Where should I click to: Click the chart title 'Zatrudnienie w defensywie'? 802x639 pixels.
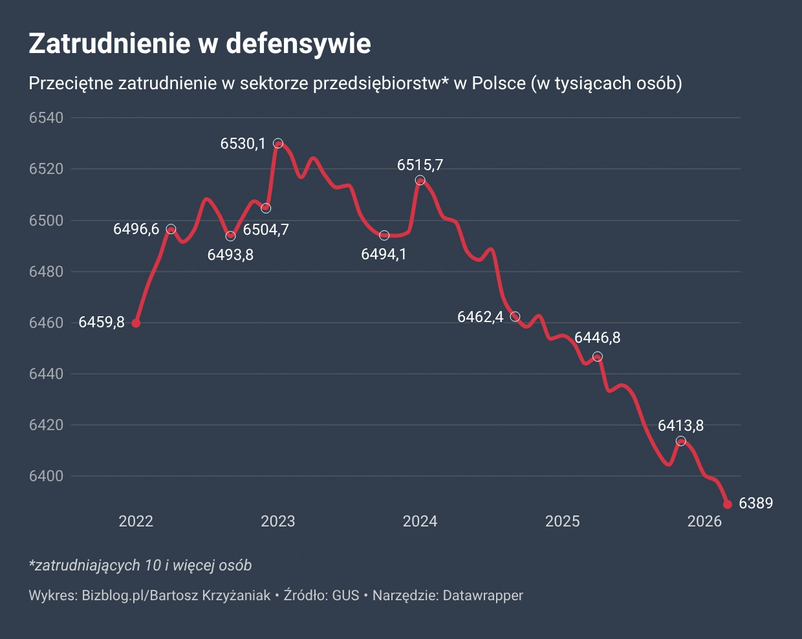(200, 43)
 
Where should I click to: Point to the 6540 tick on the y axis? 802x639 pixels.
(47, 118)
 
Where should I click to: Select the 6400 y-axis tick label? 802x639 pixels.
(47, 477)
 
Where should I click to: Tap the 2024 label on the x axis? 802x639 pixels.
(420, 521)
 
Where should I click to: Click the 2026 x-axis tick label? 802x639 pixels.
(704, 521)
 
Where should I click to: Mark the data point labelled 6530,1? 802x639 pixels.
(278, 144)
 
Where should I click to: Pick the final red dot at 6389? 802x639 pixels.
(728, 504)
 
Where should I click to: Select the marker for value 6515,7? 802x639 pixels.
(420, 180)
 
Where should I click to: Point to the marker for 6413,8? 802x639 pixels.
(680, 441)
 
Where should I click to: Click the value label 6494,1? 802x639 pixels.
(384, 254)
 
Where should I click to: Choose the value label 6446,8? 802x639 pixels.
(597, 338)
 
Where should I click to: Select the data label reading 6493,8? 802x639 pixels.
(230, 255)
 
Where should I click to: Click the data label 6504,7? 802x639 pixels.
(266, 229)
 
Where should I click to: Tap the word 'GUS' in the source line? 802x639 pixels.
(345, 596)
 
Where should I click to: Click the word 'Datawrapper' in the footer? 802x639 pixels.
(483, 596)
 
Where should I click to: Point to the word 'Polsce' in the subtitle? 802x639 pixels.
(499, 83)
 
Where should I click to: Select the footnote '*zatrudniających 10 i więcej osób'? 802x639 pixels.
(140, 565)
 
